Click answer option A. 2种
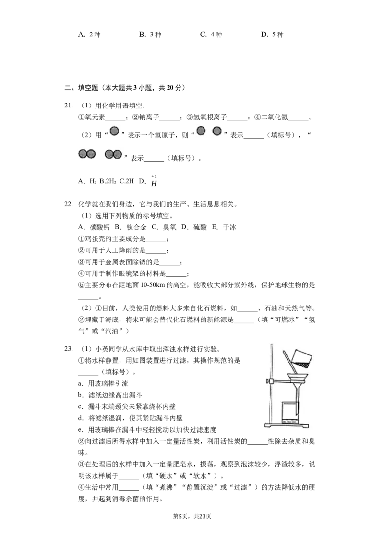point(89,34)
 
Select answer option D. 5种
point(272,34)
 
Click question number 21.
point(68,106)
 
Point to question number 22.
point(68,204)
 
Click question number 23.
point(68,349)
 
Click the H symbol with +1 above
point(154,181)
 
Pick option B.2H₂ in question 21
point(108,181)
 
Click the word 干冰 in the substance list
point(229,227)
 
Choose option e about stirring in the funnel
point(147,430)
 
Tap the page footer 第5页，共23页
point(192,516)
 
